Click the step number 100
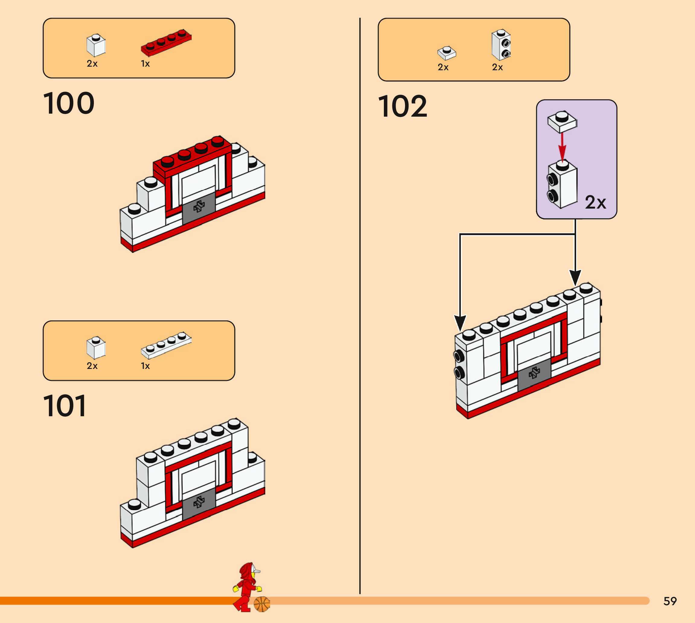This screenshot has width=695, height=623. [69, 103]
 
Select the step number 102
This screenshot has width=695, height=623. [403, 106]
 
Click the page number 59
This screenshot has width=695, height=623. [670, 601]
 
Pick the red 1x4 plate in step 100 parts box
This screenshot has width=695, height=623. [166, 42]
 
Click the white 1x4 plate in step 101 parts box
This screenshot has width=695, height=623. [166, 345]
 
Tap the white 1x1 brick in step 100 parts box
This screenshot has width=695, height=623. [96, 45]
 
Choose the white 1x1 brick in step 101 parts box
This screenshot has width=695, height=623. [96, 348]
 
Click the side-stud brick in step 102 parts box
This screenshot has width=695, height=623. [501, 45]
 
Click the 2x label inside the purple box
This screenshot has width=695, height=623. [595, 202]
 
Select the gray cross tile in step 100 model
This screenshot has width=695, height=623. [199, 207]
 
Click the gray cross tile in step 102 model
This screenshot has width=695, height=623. [534, 374]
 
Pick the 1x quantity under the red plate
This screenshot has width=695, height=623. [145, 64]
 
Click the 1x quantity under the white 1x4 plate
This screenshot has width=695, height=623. [145, 366]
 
